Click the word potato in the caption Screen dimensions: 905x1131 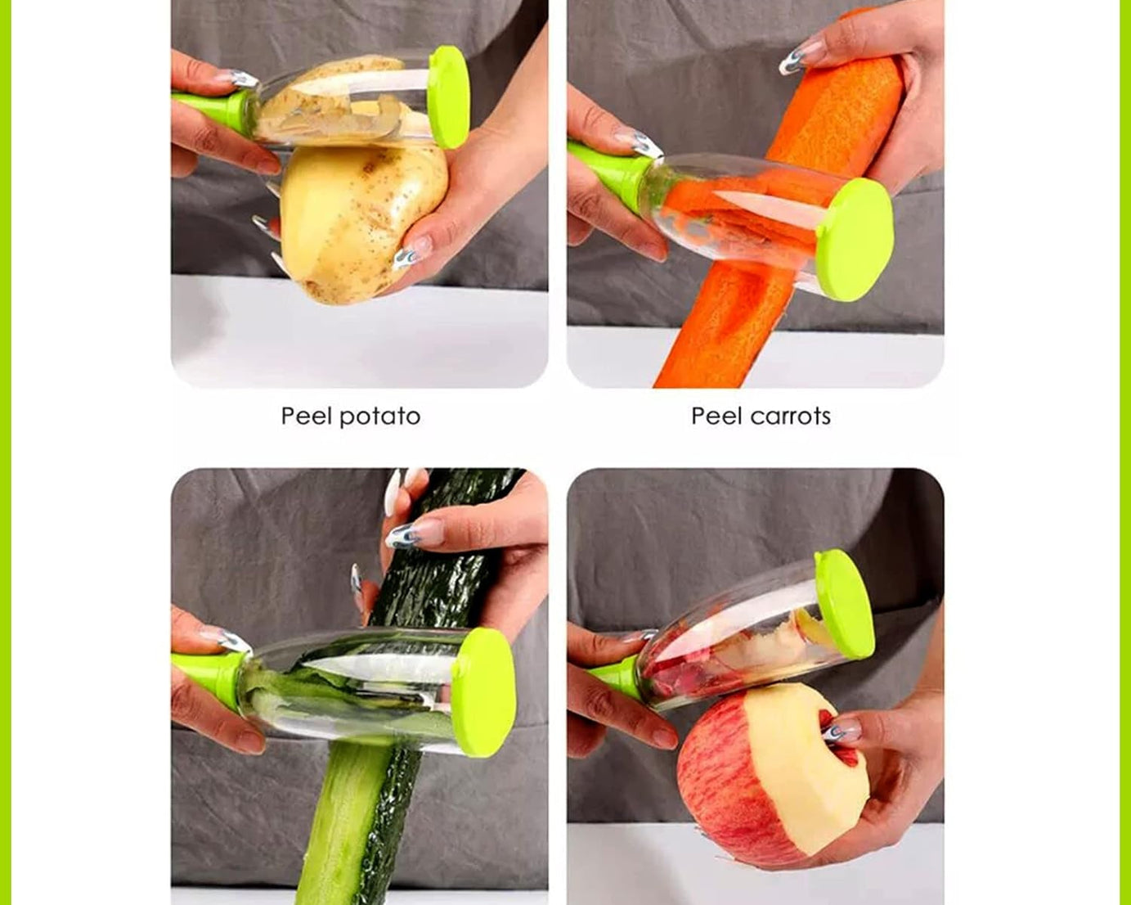(x=379, y=416)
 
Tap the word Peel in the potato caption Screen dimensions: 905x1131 (x=306, y=416)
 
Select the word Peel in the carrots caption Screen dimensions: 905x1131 (x=716, y=416)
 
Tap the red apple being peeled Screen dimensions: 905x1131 (x=711, y=786)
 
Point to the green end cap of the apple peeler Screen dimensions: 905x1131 (x=844, y=604)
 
